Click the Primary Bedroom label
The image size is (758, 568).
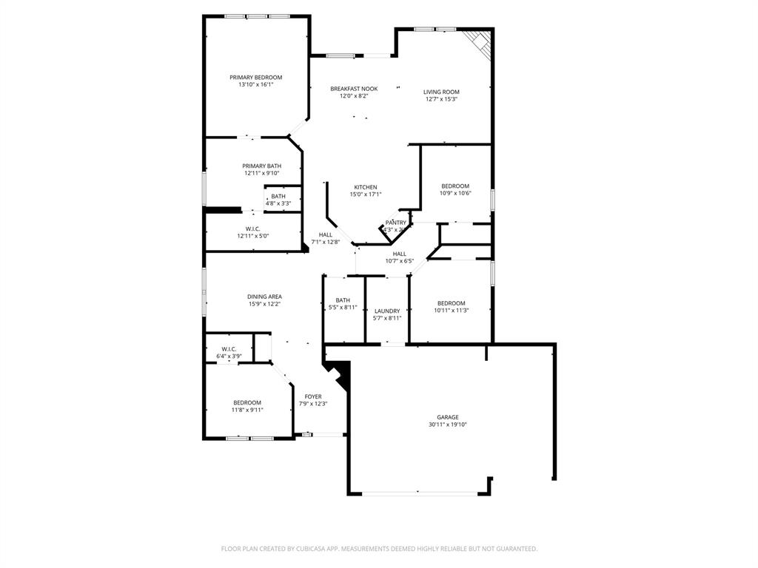click(x=255, y=78)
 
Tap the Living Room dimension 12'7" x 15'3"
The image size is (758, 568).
click(x=441, y=99)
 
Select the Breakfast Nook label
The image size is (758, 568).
click(x=354, y=89)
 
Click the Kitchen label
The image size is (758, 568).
click(x=365, y=187)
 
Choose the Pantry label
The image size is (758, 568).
click(x=395, y=223)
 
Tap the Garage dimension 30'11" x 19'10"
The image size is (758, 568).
click(x=448, y=425)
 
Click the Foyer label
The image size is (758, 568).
click(x=313, y=396)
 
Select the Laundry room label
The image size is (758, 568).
click(x=387, y=311)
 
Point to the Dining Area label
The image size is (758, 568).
click(x=264, y=297)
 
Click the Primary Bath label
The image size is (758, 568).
click(x=261, y=166)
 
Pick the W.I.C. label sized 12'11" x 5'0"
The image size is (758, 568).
click(x=252, y=229)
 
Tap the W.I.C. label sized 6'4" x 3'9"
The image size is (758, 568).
click(x=229, y=349)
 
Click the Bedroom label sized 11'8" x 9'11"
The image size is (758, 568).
click(x=247, y=402)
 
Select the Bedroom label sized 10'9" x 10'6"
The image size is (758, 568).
click(x=455, y=186)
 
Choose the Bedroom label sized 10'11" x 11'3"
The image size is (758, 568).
click(x=451, y=303)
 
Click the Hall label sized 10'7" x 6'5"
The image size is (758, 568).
click(x=399, y=254)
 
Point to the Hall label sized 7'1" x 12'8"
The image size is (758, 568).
click(x=325, y=234)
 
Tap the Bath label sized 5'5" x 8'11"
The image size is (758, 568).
click(x=343, y=300)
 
